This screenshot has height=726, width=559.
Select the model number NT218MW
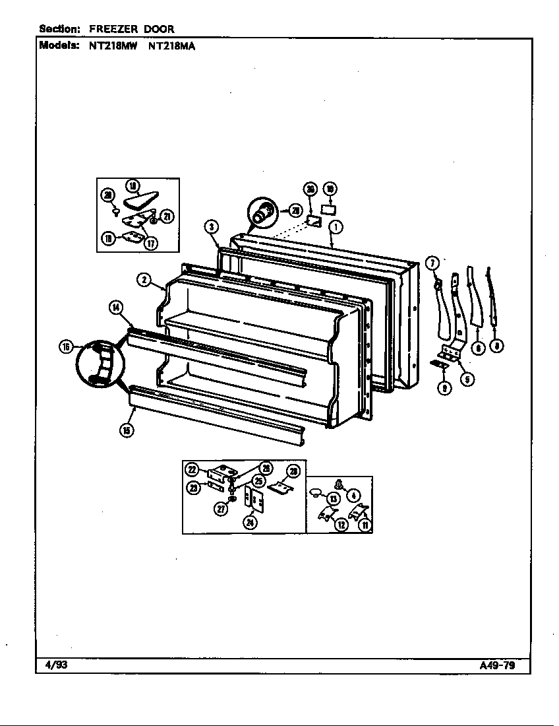(x=112, y=46)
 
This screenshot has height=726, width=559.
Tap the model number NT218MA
(x=171, y=46)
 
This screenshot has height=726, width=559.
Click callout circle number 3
(x=210, y=227)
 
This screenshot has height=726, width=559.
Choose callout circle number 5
(x=467, y=379)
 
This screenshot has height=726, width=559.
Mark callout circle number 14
(x=116, y=306)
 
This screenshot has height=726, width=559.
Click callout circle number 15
(x=126, y=430)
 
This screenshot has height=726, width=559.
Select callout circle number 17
(x=151, y=243)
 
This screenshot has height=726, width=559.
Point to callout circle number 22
(x=192, y=469)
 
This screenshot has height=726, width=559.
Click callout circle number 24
(x=250, y=523)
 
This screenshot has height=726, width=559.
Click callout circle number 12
(x=341, y=525)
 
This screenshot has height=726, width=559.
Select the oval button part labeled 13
(x=316, y=492)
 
